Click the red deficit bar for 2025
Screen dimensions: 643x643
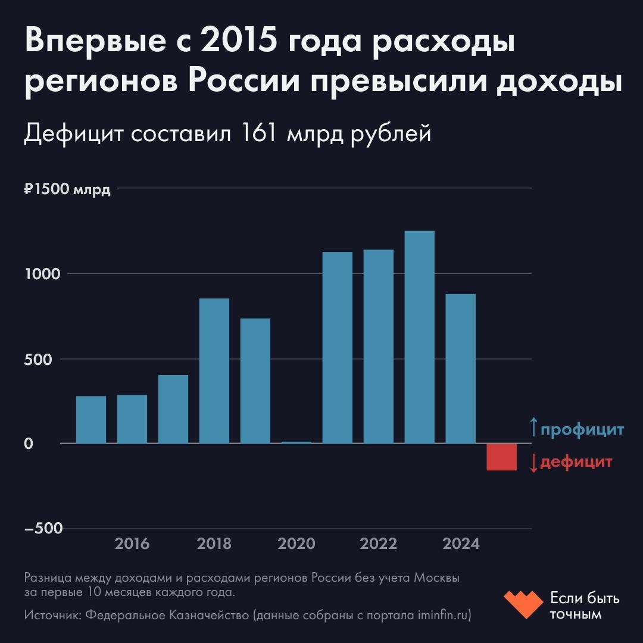tap(501, 457)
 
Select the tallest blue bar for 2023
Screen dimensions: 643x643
tap(419, 337)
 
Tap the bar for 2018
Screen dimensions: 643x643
tap(214, 371)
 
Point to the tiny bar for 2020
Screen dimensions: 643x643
tap(296, 442)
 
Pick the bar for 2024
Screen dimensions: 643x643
tap(460, 369)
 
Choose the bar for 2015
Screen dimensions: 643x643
tap(91, 420)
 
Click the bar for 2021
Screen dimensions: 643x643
tap(337, 348)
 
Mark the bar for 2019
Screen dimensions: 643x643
tap(255, 381)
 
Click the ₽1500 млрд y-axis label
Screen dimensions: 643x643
tap(67, 191)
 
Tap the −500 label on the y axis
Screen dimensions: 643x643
tap(43, 529)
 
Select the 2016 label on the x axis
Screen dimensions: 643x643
tap(132, 544)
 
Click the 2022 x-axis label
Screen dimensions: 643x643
tap(378, 544)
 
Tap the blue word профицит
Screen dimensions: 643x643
tap(582, 429)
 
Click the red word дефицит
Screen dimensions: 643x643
tap(576, 462)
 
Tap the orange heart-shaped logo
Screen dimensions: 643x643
tap(523, 604)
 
